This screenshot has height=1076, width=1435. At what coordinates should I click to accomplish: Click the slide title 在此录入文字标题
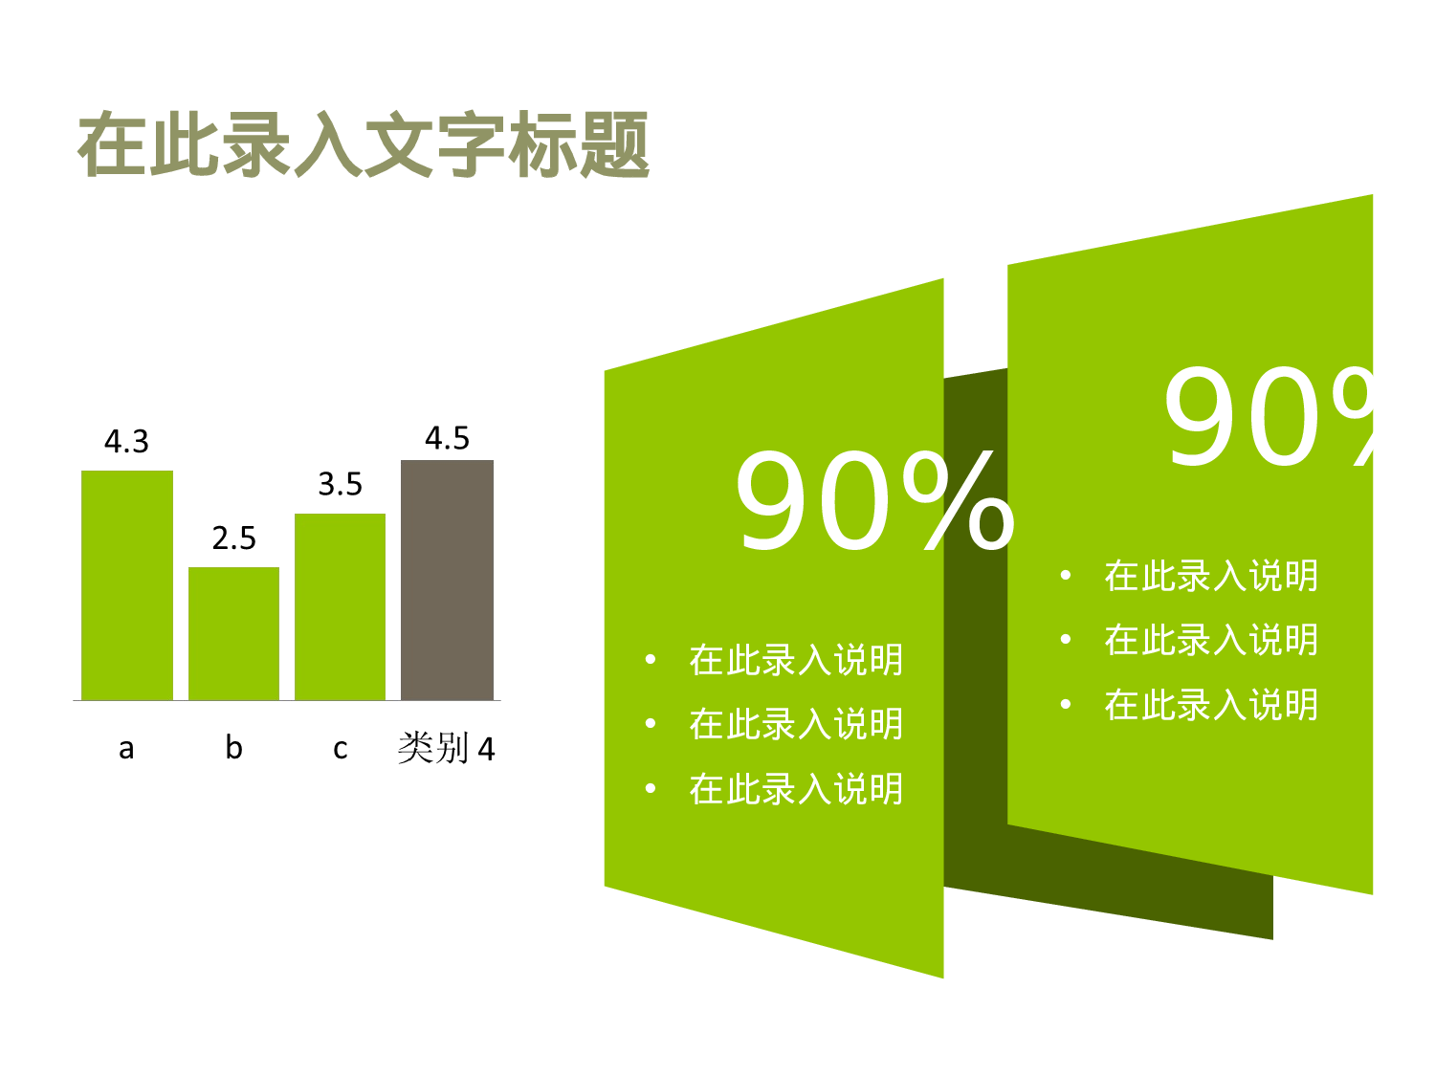(x=364, y=145)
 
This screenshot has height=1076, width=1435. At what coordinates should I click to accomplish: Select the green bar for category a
(x=127, y=585)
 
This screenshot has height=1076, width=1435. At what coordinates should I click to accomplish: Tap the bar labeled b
(x=233, y=633)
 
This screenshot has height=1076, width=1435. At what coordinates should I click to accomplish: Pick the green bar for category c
(x=340, y=606)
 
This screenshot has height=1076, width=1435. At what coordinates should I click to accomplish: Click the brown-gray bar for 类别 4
(x=447, y=580)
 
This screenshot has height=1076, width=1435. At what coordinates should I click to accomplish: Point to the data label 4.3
(x=126, y=442)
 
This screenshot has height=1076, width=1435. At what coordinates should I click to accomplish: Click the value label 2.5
(x=233, y=538)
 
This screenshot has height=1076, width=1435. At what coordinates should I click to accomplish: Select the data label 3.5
(x=340, y=485)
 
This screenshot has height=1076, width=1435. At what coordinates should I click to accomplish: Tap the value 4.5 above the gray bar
(x=447, y=439)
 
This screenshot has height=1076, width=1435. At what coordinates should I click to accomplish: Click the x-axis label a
(x=126, y=748)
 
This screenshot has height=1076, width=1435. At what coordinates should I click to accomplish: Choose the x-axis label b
(x=233, y=747)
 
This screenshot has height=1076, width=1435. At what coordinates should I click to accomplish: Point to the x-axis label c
(x=340, y=749)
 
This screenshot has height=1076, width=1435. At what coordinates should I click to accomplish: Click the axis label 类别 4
(x=446, y=748)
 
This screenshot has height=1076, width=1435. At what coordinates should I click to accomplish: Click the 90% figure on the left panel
(x=873, y=502)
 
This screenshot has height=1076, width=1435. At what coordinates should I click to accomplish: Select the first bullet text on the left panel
(x=796, y=660)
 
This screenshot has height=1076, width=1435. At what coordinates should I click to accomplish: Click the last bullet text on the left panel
(x=796, y=789)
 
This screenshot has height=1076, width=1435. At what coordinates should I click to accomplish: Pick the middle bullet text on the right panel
(x=1211, y=640)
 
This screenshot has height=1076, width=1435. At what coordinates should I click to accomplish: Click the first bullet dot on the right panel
(x=1065, y=576)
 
